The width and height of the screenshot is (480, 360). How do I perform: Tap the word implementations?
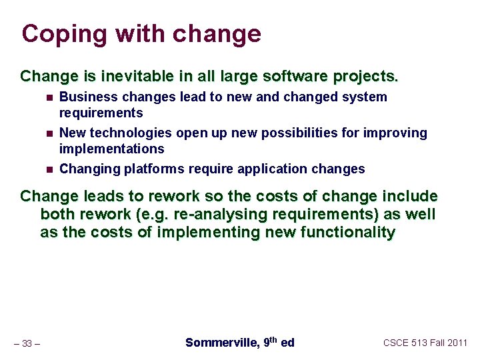click(111, 148)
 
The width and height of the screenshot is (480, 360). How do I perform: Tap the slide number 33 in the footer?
click(27, 344)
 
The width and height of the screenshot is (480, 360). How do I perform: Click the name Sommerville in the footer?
click(221, 343)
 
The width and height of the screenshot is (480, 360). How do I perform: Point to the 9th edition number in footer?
click(270, 342)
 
